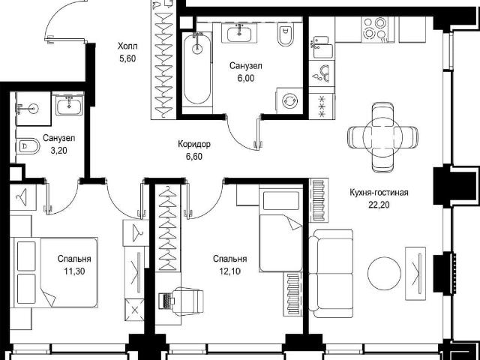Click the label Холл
click(x=127, y=46)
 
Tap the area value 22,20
click(x=379, y=205)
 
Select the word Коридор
click(x=194, y=144)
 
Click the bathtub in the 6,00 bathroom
click(x=197, y=68)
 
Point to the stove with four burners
click(x=374, y=28)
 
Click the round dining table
click(x=382, y=136)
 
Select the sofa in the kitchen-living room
click(x=331, y=273)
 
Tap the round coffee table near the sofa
click(x=384, y=273)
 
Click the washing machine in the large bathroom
click(x=289, y=101)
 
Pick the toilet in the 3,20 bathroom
click(x=28, y=146)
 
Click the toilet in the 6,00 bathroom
click(x=285, y=34)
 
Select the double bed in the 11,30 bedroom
click(x=54, y=272)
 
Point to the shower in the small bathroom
click(x=33, y=108)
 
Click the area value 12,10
click(x=230, y=271)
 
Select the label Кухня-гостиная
click(x=379, y=193)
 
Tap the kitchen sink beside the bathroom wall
click(x=322, y=47)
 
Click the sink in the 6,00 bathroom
click(x=239, y=33)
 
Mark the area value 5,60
click(x=127, y=58)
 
